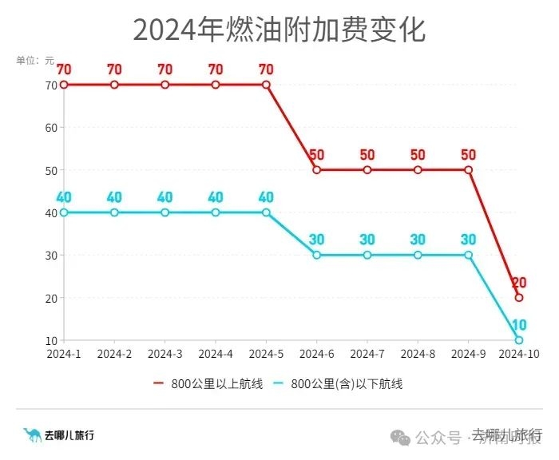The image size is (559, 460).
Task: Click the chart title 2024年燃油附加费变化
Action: click(x=279, y=30)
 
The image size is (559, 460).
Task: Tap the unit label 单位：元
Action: click(x=35, y=60)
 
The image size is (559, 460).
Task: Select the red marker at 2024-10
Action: click(x=519, y=297)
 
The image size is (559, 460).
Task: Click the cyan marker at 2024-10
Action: click(x=519, y=340)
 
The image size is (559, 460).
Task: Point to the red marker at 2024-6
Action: click(x=317, y=169)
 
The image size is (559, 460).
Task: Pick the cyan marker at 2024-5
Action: click(x=266, y=212)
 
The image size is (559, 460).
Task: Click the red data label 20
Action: click(x=519, y=282)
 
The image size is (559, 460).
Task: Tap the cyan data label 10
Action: click(x=519, y=324)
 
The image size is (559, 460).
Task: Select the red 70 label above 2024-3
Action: click(x=165, y=69)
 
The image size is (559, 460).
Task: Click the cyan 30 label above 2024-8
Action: click(x=418, y=240)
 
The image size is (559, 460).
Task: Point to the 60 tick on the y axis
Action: click(x=52, y=127)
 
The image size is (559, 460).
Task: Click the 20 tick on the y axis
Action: click(x=52, y=298)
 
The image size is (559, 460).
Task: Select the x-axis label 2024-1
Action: click(x=64, y=354)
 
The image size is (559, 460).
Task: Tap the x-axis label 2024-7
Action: click(x=367, y=354)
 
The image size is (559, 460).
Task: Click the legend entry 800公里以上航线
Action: click(x=208, y=384)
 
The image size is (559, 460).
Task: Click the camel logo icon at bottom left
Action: click(x=32, y=435)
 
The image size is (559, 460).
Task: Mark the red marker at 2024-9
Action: click(x=469, y=169)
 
